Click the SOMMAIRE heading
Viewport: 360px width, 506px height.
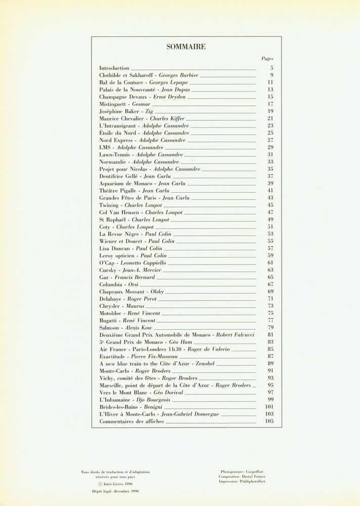(186, 47)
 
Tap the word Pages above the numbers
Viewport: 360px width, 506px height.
(267, 59)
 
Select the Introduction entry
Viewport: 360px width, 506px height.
(114, 68)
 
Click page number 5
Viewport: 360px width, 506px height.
(272, 68)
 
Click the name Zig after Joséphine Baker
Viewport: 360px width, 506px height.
(149, 111)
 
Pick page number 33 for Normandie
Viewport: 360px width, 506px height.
(270, 161)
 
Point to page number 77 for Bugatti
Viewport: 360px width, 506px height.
(270, 321)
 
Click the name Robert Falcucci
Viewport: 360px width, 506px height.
(237, 335)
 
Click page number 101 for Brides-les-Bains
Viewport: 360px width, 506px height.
(269, 407)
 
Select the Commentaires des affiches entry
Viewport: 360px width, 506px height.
(131, 421)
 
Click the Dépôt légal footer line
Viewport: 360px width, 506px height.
(115, 490)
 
